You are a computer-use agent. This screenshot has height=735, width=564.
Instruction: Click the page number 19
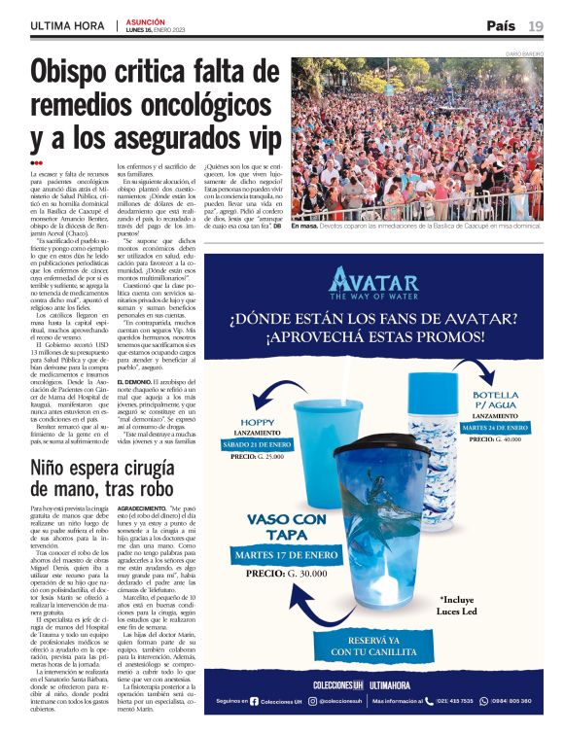click(536, 25)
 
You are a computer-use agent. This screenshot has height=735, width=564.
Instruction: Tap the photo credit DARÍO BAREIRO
click(525, 53)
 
